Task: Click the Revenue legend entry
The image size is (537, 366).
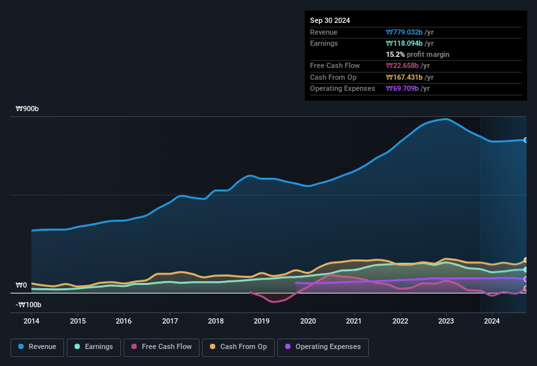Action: click(37, 346)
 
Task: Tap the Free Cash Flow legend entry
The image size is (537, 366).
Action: click(161, 346)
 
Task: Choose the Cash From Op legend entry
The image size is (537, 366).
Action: click(238, 346)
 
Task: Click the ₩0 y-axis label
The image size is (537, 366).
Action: click(22, 285)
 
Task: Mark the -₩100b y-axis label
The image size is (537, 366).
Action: click(29, 305)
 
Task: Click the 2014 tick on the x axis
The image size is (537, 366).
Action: click(31, 321)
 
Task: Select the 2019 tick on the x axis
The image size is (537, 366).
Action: click(262, 321)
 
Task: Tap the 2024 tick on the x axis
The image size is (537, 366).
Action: click(492, 321)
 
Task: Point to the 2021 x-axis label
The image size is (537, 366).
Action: click(354, 321)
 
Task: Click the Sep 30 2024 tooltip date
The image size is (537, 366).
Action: click(330, 20)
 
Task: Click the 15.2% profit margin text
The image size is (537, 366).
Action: click(417, 54)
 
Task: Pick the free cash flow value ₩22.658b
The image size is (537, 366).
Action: click(406, 65)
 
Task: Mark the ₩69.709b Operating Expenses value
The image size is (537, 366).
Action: click(406, 88)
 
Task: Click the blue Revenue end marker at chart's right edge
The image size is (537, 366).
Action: click(525, 140)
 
